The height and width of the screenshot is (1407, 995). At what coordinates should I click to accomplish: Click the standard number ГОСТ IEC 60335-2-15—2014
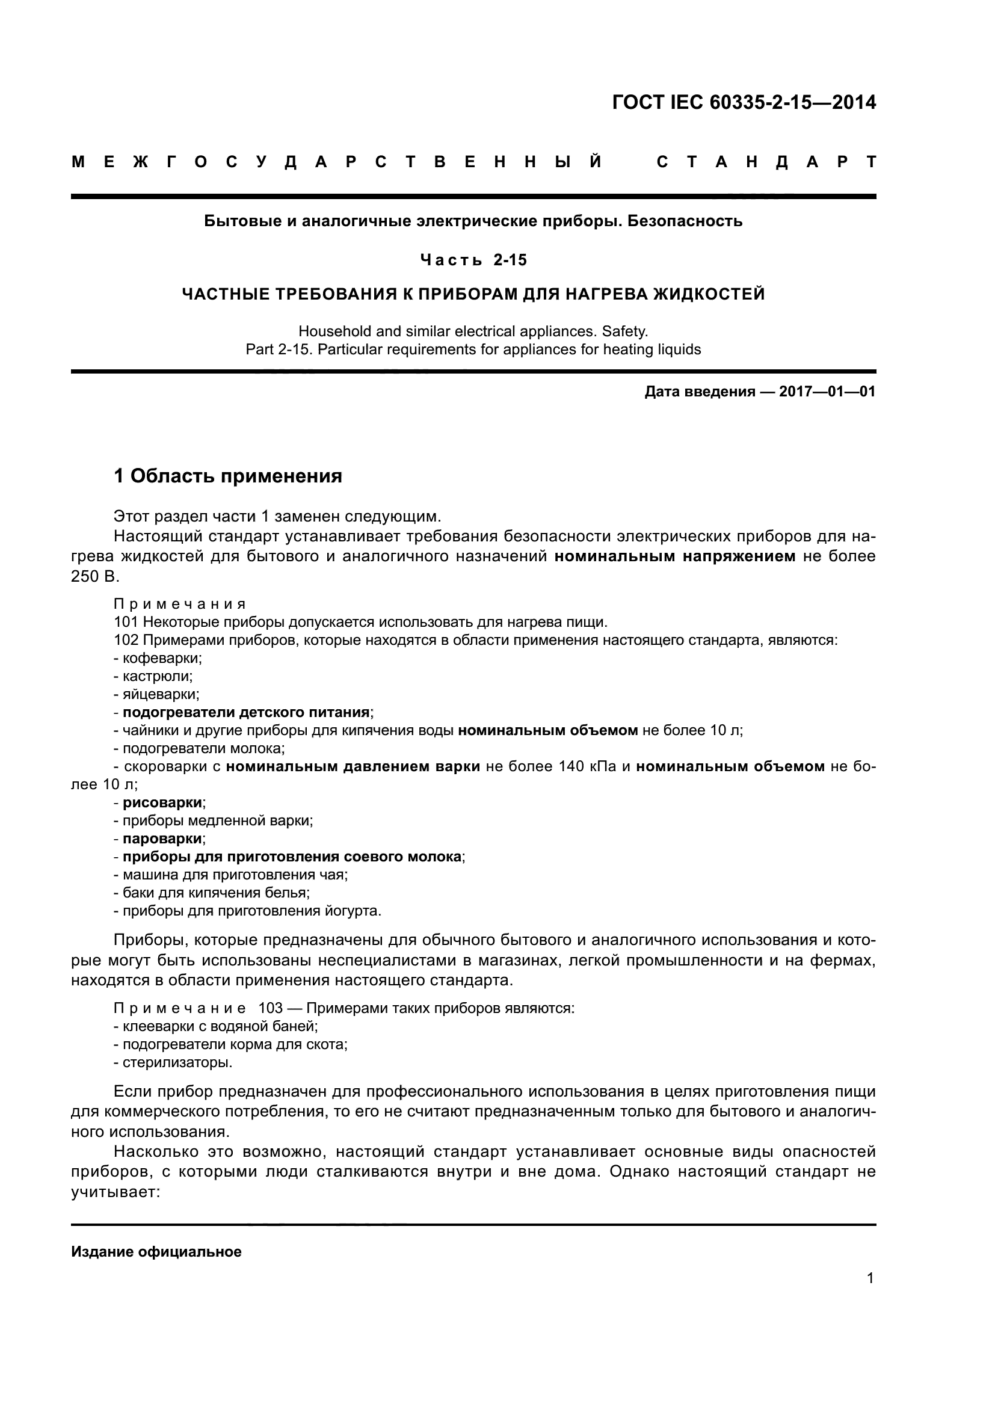[744, 102]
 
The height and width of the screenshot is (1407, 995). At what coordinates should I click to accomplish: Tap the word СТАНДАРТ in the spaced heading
[766, 162]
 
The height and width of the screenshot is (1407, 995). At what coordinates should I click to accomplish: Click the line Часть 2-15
[473, 260]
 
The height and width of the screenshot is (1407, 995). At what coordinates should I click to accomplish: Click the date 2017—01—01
[827, 392]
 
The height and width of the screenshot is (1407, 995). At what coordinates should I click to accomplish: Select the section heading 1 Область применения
[228, 476]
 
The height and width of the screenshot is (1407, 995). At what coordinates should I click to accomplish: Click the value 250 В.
[95, 577]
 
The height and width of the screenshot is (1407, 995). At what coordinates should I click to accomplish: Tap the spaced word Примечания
[180, 604]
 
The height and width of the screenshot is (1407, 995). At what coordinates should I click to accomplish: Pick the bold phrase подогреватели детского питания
[246, 712]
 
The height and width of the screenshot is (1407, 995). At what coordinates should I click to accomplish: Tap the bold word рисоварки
[162, 802]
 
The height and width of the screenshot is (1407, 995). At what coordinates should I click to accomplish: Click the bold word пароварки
[162, 839]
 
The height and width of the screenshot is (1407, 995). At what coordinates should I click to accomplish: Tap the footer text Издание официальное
[156, 1251]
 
